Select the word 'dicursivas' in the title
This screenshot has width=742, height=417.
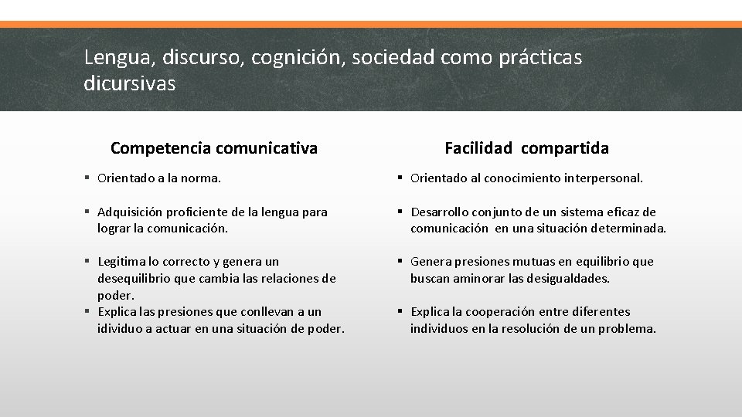[129, 83]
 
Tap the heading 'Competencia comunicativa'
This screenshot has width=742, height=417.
[214, 147]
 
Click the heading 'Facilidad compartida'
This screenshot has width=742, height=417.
[526, 147]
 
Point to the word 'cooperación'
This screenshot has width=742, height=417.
[494, 312]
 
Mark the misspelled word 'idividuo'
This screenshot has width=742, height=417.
[121, 329]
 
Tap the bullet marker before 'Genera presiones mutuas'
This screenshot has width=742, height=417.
[400, 262]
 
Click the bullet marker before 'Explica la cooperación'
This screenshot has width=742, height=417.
[400, 312]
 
